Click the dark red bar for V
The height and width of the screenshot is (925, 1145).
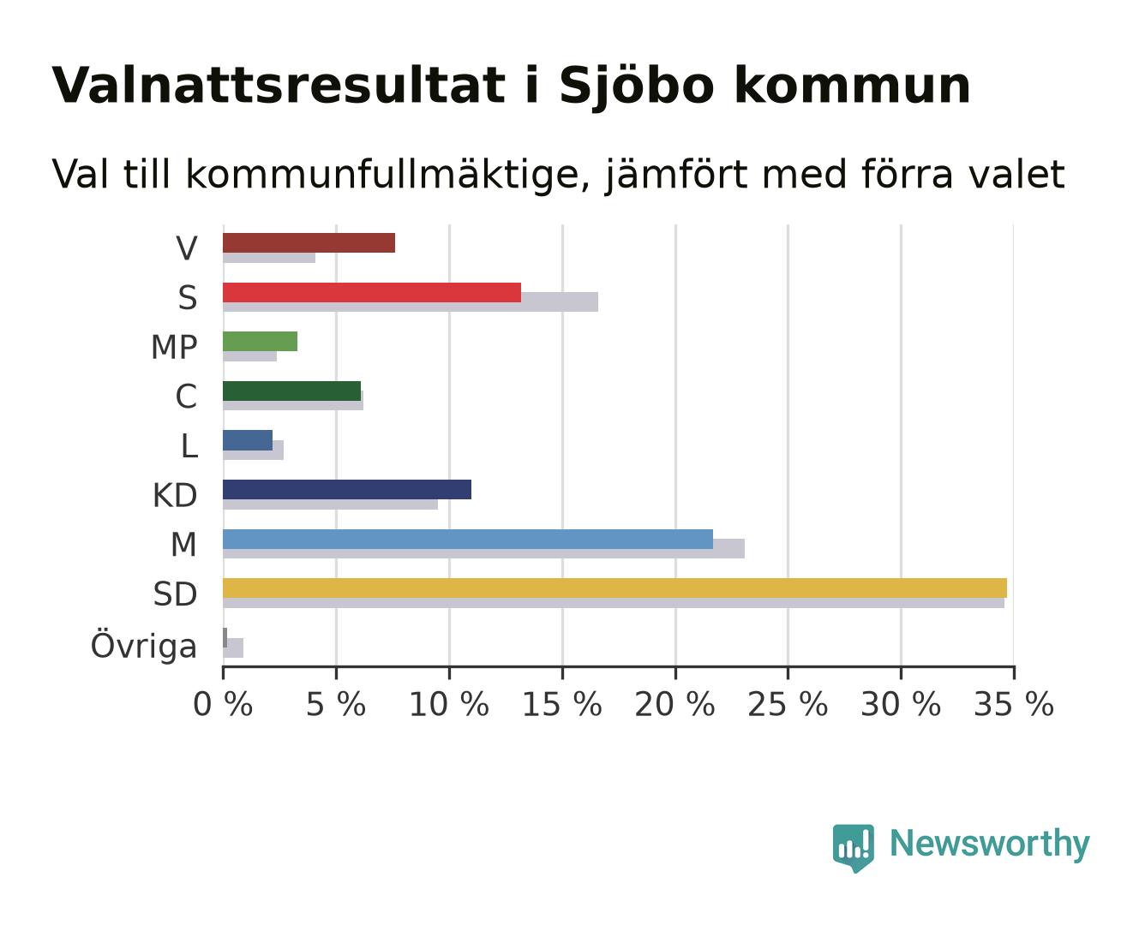309,242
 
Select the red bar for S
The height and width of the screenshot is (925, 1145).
372,292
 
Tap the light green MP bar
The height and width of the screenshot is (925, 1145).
261,342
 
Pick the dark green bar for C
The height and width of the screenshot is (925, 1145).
292,391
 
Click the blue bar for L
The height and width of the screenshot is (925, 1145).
248,440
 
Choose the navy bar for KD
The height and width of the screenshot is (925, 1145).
347,489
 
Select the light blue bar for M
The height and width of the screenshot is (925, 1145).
468,539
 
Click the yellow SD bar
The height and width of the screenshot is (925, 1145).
615,588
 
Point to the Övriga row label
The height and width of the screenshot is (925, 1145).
143,645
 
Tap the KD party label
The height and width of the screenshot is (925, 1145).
175,495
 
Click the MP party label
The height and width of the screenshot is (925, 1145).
174,347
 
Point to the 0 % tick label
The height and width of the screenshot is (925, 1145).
223,704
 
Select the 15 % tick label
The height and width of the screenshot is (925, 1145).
561,704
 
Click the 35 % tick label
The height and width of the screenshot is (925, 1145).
1014,704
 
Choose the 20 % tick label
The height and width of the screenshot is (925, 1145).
674,704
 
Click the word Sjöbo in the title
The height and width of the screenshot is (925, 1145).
637,87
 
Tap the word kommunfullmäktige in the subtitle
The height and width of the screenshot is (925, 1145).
387,175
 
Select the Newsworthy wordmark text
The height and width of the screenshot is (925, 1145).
990,844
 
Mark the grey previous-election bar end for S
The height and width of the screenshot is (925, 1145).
597,301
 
